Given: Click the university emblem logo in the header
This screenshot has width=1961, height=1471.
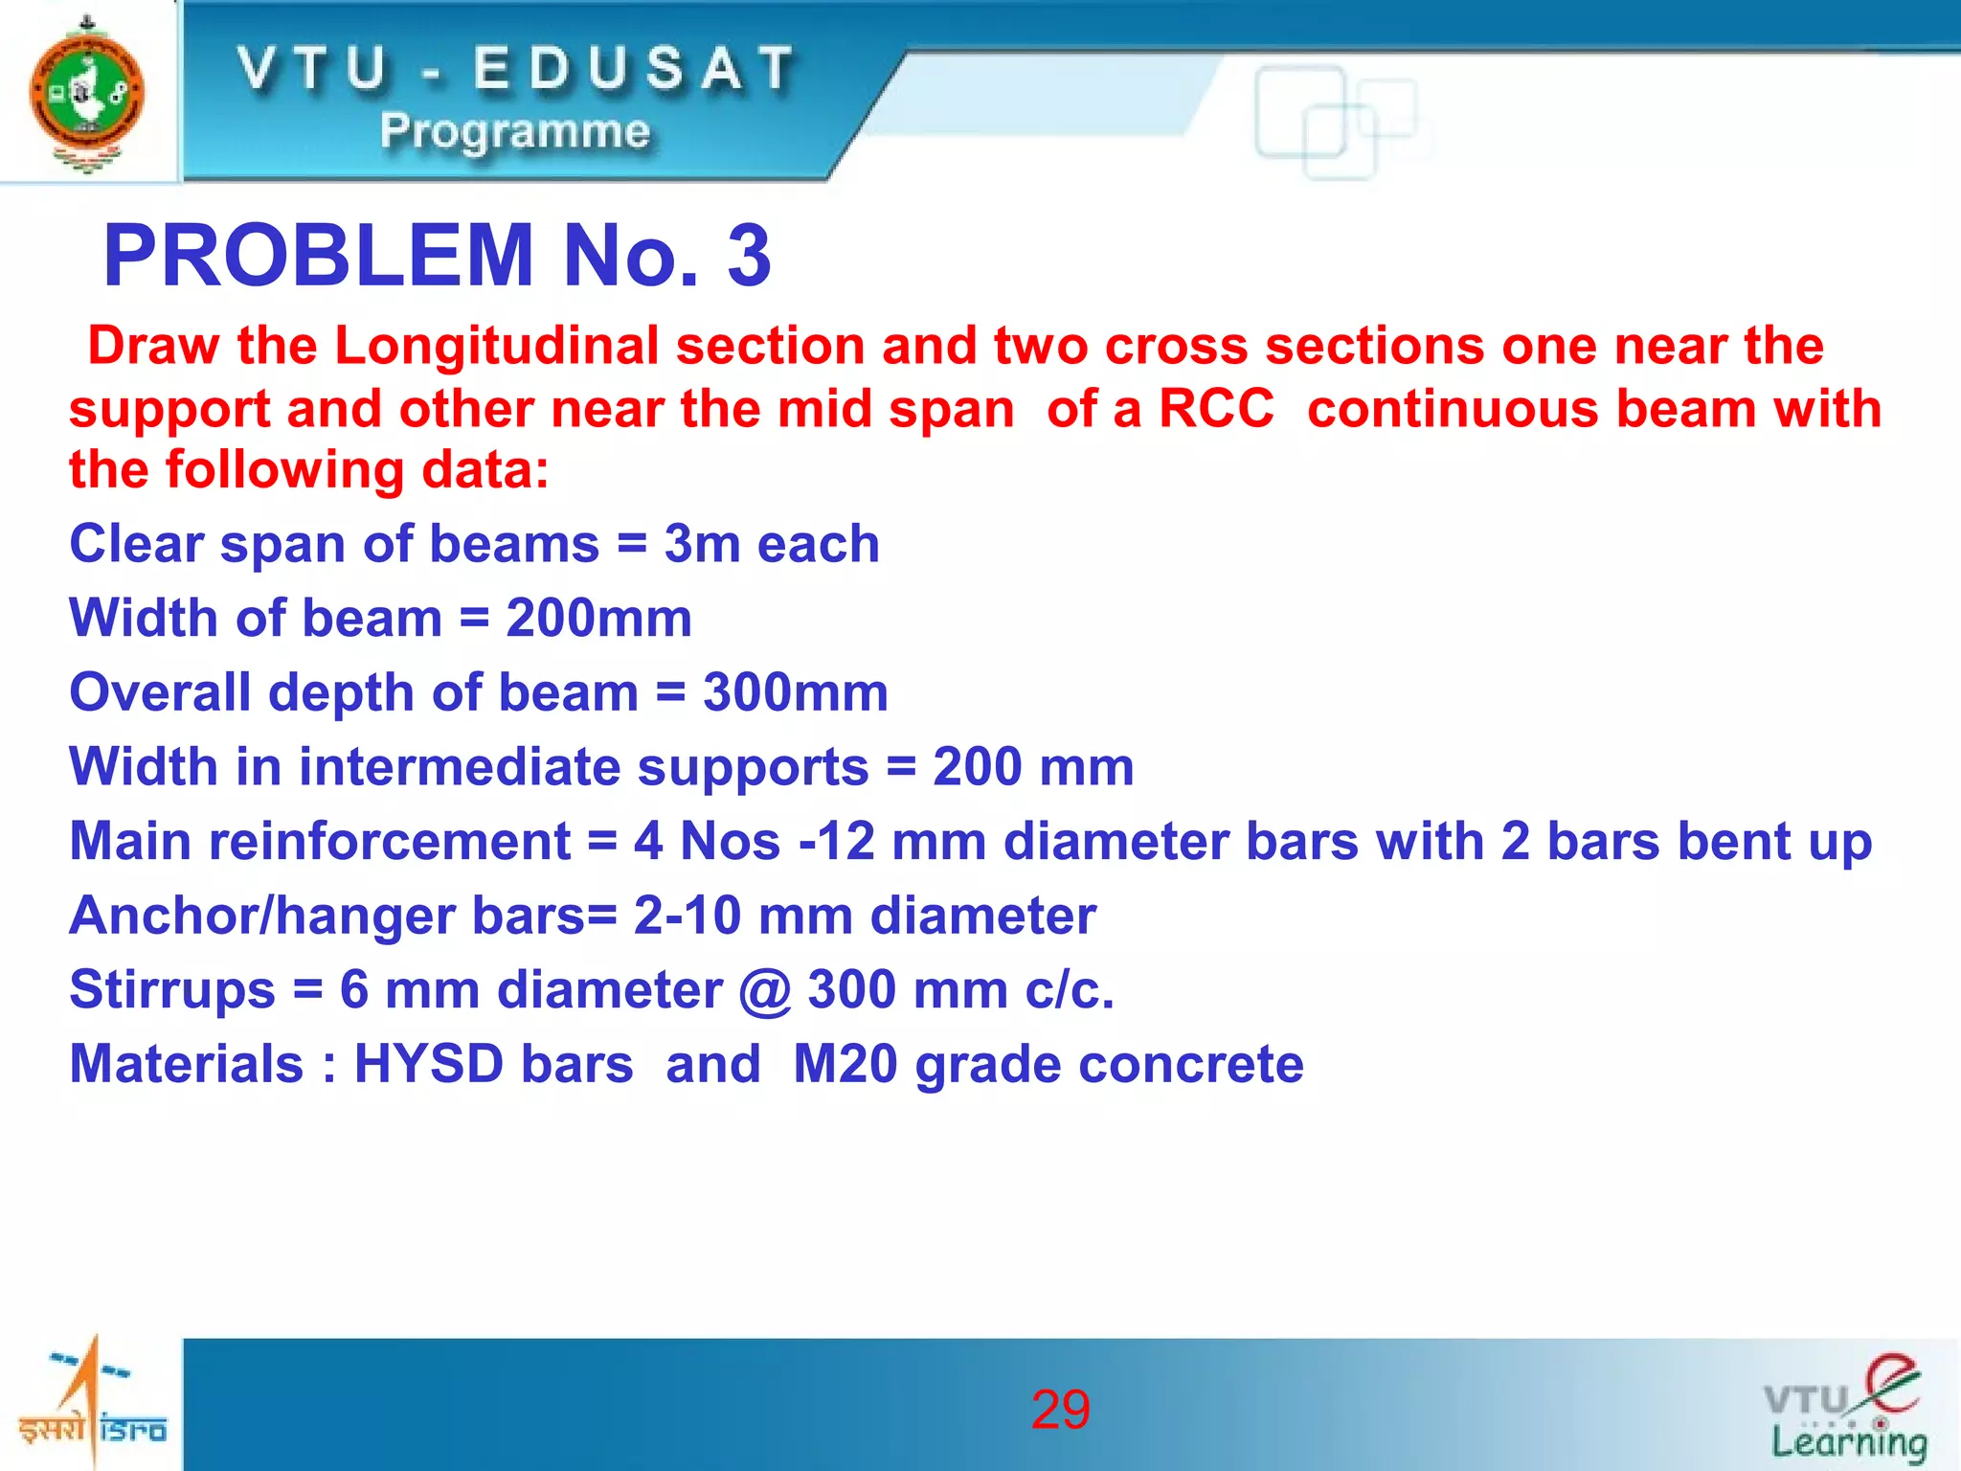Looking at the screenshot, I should point(87,93).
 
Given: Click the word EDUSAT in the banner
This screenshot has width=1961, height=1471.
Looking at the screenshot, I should point(634,69).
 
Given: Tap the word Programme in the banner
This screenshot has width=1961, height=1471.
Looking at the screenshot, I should point(514,130).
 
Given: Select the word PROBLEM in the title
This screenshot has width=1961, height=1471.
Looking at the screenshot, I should point(318,256).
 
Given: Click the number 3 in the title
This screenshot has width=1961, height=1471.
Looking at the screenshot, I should point(749,256).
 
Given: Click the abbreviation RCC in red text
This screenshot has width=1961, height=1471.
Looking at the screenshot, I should point(1216,409).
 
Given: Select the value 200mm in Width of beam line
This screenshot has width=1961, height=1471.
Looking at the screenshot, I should point(598,619).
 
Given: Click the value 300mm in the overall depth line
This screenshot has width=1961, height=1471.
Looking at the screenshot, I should point(795,692).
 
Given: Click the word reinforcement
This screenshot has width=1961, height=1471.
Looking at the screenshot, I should point(390,842).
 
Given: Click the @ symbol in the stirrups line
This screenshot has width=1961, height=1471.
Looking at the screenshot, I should point(764,991).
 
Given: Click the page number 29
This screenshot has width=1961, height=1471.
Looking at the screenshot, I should point(1060,1410).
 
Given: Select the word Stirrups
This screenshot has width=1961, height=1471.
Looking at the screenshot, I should point(172,990).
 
